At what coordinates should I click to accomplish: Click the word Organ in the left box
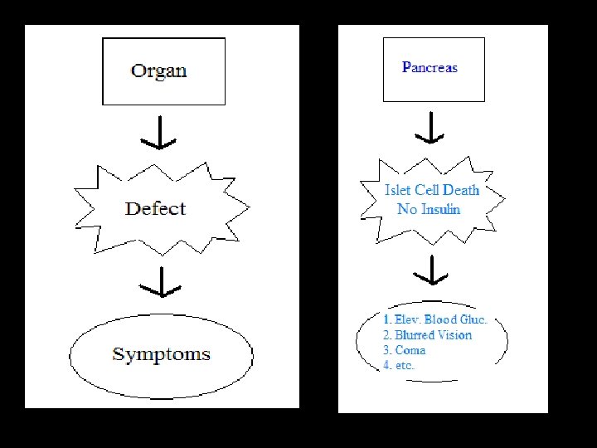pyautogui.click(x=158, y=70)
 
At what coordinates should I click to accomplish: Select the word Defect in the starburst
pyautogui.click(x=155, y=208)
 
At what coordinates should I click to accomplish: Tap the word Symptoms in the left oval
pyautogui.click(x=161, y=354)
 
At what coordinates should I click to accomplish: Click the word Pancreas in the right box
pyautogui.click(x=430, y=67)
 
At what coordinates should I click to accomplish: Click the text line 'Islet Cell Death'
pyautogui.click(x=432, y=190)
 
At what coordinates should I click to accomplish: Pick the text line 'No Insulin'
pyautogui.click(x=429, y=208)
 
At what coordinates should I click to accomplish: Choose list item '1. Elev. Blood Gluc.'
pyautogui.click(x=434, y=319)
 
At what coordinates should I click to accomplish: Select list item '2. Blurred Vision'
pyautogui.click(x=427, y=335)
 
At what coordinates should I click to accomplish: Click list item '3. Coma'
pyautogui.click(x=404, y=350)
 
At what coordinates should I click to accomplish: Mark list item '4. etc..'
pyautogui.click(x=400, y=365)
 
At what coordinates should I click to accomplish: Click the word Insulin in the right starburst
pyautogui.click(x=440, y=208)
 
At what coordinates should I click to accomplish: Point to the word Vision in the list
pyautogui.click(x=453, y=335)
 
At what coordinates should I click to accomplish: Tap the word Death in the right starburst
pyautogui.click(x=460, y=190)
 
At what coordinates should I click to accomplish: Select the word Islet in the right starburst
pyautogui.click(x=398, y=190)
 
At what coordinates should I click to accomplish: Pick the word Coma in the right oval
pyautogui.click(x=410, y=350)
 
